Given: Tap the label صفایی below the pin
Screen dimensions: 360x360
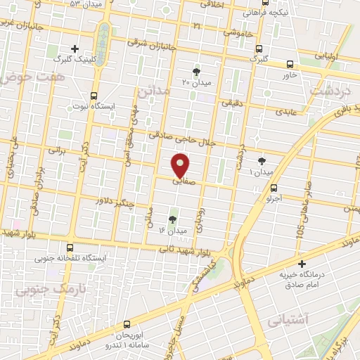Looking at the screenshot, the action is point(181,181).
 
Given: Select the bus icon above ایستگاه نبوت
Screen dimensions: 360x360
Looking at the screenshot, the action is point(94,96).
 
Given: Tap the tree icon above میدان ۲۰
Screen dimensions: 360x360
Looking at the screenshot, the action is point(196,71).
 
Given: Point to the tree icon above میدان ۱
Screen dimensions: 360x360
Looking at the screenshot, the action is point(262,160).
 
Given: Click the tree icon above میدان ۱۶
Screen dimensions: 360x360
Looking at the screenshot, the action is point(173,219).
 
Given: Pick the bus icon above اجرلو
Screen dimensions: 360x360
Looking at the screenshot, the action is point(274,188).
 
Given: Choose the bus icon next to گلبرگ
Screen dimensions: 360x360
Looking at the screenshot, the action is point(260,49).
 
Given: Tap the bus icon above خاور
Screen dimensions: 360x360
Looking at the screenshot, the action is point(290,64).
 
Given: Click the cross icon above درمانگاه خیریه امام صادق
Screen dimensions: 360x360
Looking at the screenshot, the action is point(302,264).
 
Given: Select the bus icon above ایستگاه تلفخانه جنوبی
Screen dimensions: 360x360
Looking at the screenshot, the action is point(70,247).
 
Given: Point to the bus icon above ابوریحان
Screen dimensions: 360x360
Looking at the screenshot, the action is point(127,324).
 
